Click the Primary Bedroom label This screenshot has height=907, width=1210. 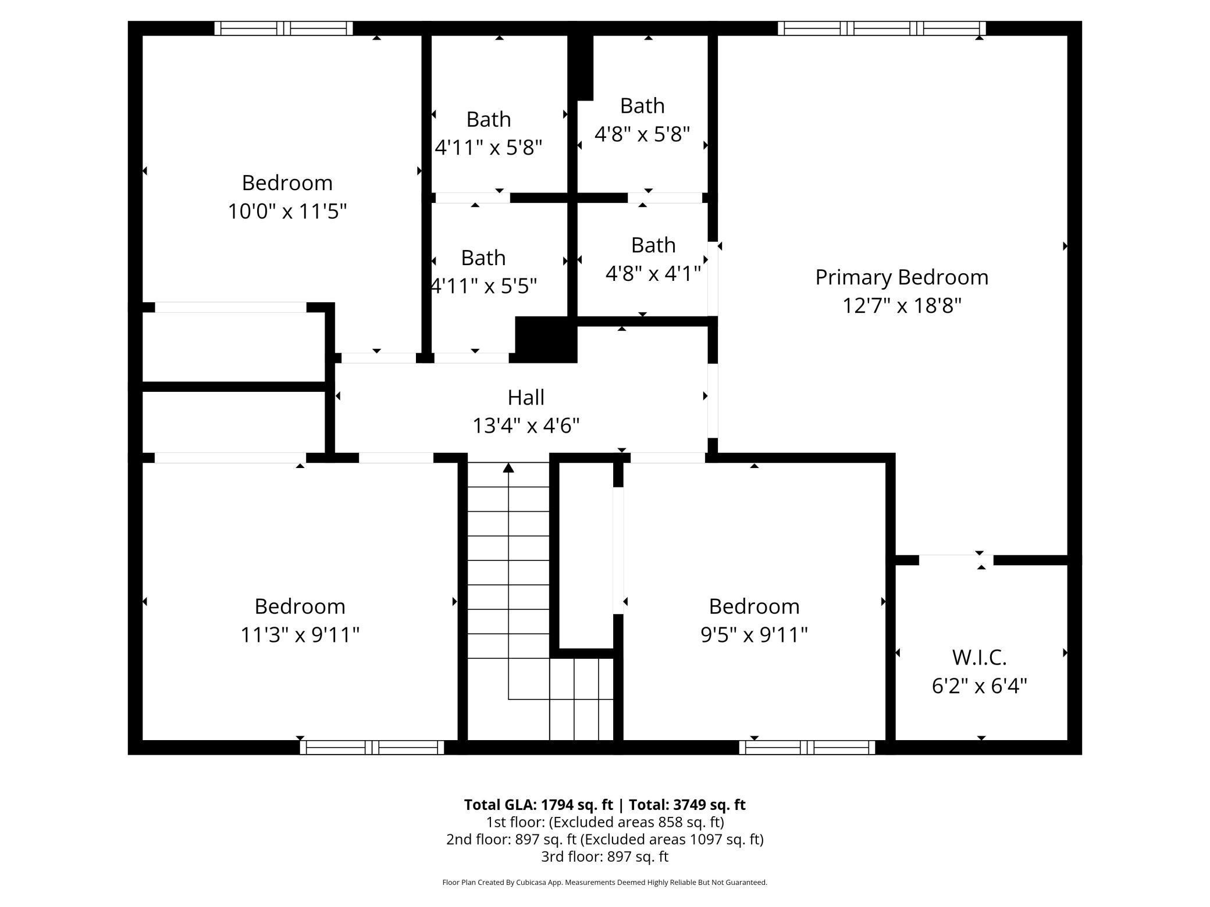901,277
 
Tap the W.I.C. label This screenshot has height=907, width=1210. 979,658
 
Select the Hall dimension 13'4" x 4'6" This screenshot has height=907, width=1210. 526,426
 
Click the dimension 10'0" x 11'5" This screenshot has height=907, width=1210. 287,212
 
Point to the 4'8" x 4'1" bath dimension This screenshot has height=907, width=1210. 653,273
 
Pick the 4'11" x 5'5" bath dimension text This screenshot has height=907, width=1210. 483,286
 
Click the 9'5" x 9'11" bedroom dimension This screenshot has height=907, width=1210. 754,635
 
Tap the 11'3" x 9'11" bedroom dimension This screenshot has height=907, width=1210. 300,635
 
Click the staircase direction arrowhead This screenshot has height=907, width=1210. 508,468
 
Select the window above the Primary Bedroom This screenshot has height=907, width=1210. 881,28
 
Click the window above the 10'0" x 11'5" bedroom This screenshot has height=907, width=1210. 283,28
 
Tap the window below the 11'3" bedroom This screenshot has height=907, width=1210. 372,747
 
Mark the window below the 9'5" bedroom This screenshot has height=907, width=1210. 807,747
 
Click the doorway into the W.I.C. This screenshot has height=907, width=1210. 956,560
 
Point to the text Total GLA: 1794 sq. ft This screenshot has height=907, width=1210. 538,805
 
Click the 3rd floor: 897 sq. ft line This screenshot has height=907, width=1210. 604,856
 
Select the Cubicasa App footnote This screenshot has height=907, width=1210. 604,883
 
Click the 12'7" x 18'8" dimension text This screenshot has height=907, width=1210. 901,306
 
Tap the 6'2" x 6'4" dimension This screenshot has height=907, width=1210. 979,687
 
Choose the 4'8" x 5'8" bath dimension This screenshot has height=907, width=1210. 642,135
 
